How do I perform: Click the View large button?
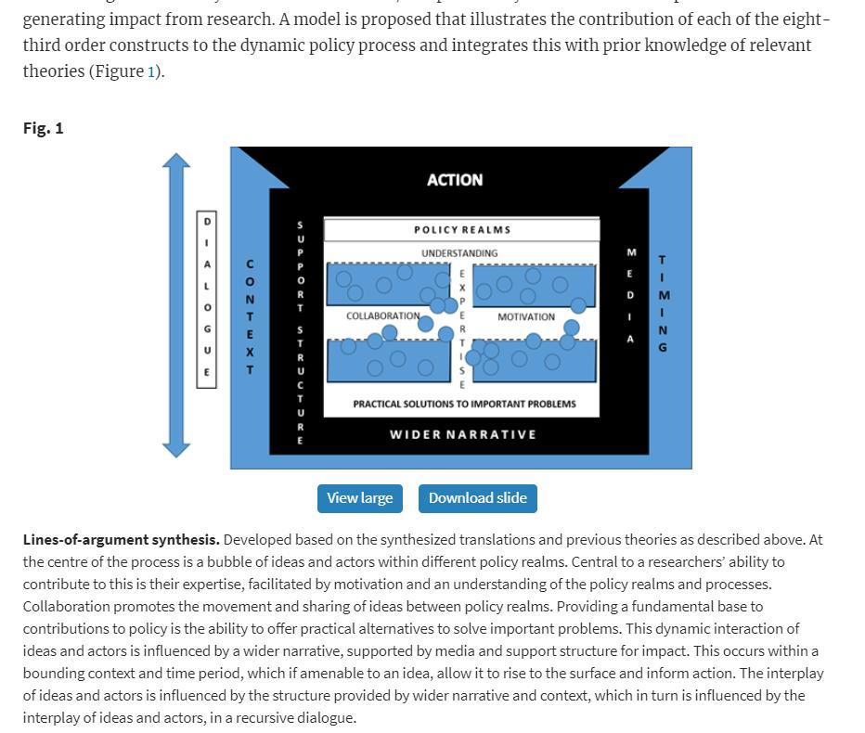click(x=359, y=498)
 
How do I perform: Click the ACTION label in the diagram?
click(x=455, y=180)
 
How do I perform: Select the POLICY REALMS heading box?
click(x=461, y=230)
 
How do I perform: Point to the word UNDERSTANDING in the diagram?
click(x=459, y=253)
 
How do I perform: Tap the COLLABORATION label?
click(x=382, y=316)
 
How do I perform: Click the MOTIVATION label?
click(x=526, y=317)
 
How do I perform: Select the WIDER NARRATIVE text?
click(x=462, y=434)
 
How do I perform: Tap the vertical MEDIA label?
click(x=631, y=296)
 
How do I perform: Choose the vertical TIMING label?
click(x=663, y=303)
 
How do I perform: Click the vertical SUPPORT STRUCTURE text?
click(x=300, y=332)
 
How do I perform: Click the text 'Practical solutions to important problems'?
click(x=464, y=405)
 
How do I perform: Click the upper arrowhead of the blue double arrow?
click(x=176, y=163)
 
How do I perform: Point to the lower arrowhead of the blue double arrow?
click(x=176, y=447)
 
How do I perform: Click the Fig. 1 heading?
click(x=44, y=128)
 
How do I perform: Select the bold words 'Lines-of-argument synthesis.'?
click(x=122, y=540)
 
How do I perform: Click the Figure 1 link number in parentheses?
click(x=151, y=71)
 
